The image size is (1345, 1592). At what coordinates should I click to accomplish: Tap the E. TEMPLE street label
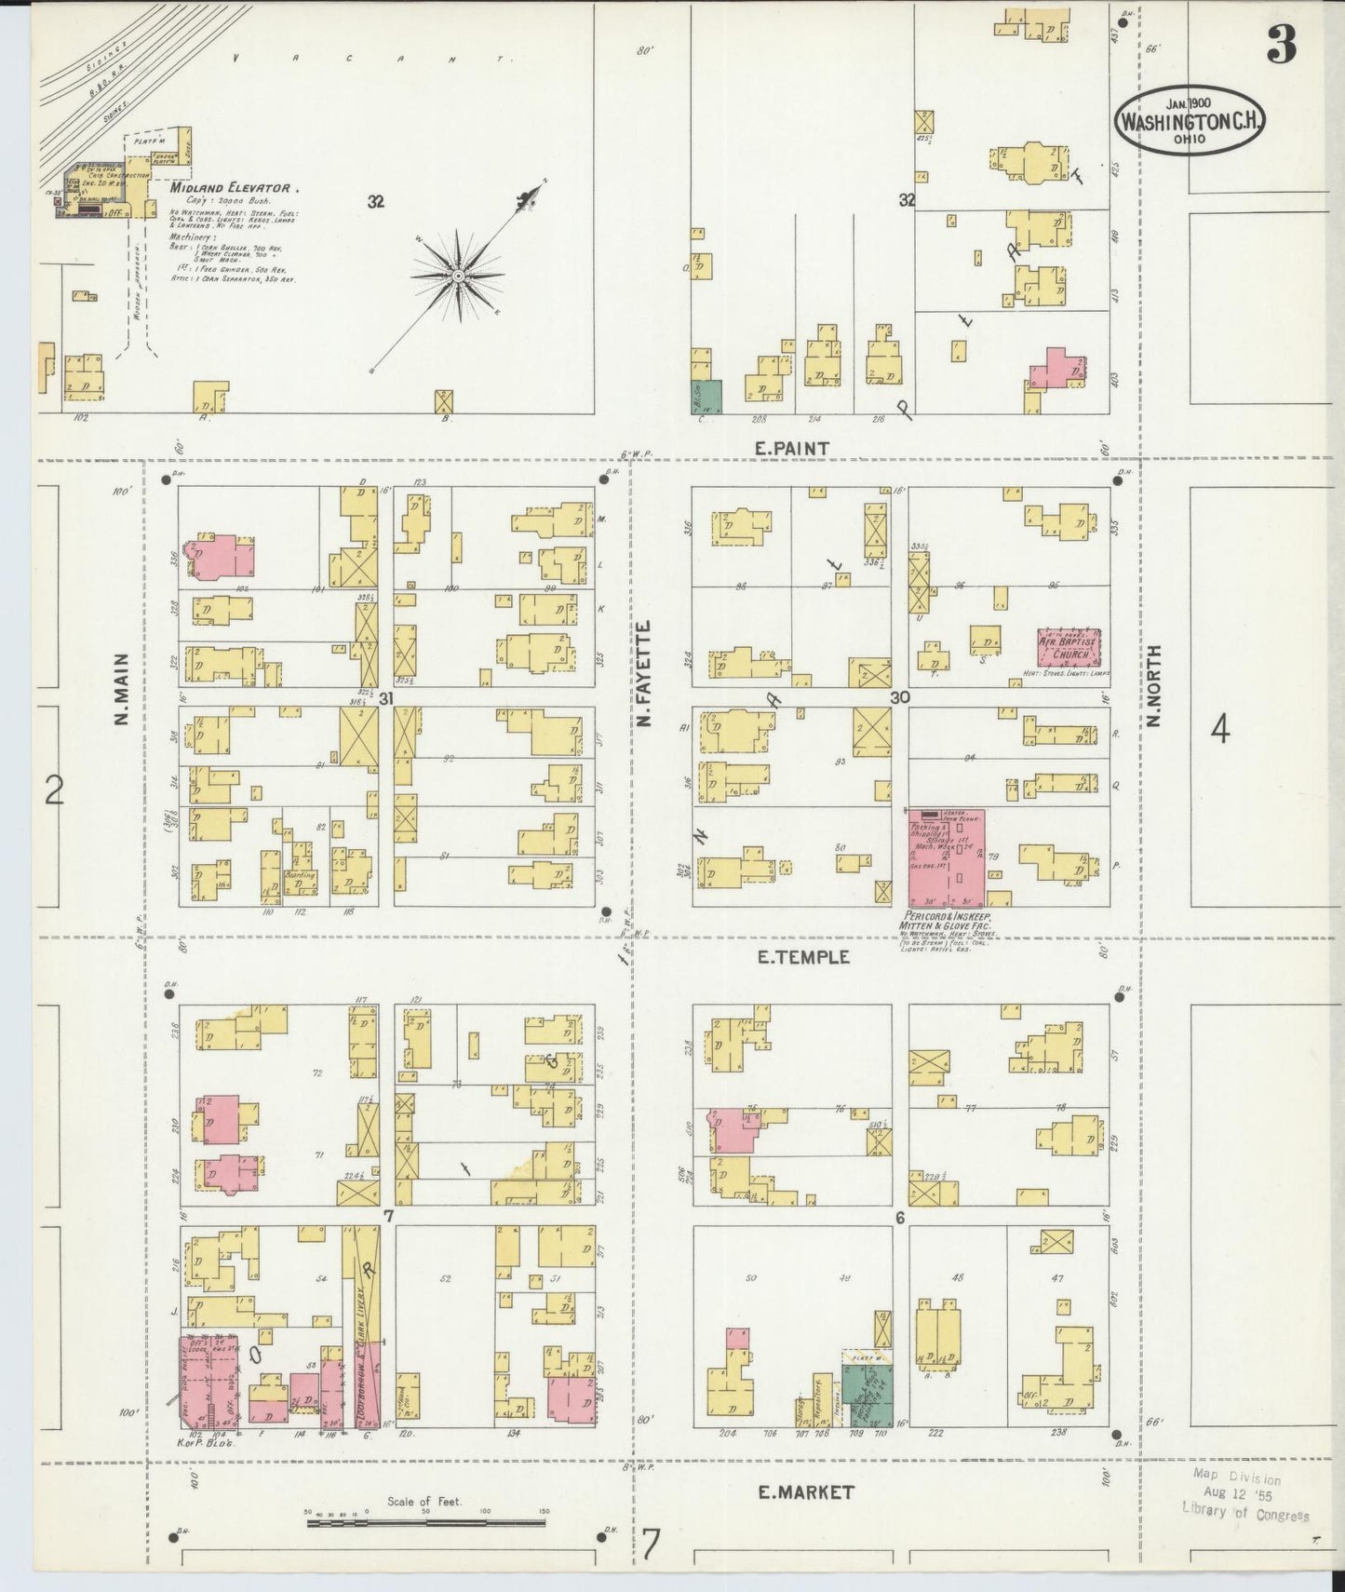[802, 956]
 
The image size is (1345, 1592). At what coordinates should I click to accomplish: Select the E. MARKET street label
[805, 1492]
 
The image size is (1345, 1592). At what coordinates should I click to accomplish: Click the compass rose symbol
[458, 277]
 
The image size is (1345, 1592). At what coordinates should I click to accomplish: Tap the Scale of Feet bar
[426, 1523]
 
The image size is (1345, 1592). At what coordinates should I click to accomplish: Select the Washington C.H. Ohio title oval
[1189, 122]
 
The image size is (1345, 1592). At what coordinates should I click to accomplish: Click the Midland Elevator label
[233, 188]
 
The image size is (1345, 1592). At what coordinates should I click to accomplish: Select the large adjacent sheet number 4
[1219, 731]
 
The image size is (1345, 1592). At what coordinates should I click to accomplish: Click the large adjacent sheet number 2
[55, 791]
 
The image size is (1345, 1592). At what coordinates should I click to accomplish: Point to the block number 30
[899, 696]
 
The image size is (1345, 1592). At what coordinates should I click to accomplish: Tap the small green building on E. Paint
[706, 396]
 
